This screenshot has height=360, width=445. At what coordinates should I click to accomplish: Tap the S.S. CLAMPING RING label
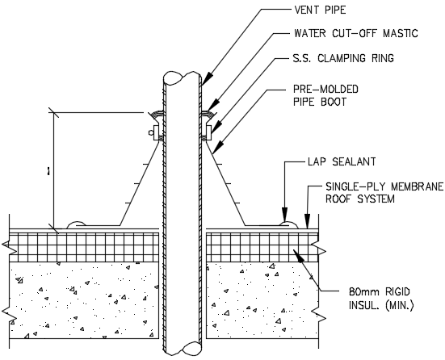pos(347,60)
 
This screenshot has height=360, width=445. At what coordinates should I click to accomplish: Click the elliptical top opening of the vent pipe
pos(181,77)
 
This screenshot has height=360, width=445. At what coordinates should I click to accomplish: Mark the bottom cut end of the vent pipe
pos(181,349)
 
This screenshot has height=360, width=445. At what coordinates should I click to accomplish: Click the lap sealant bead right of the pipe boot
pos(286,220)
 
